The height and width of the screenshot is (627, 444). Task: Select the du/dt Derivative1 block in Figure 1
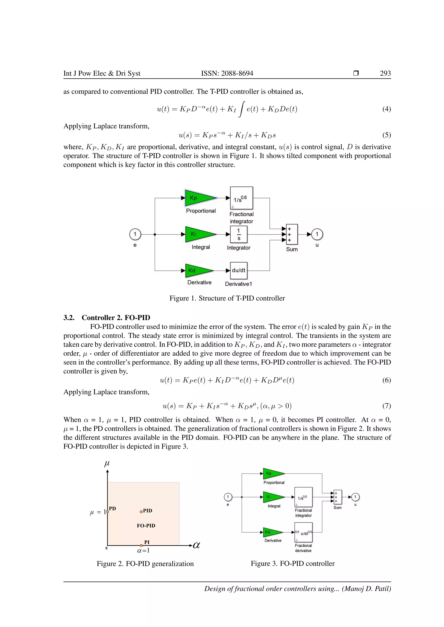click(239, 271)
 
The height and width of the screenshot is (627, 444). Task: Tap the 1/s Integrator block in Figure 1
click(239, 234)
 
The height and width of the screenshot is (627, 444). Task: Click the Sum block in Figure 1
click(292, 234)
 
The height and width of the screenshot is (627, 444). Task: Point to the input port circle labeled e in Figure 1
click(135, 234)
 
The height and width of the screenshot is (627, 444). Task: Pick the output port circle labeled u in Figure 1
click(317, 234)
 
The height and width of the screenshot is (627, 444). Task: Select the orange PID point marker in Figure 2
click(141, 511)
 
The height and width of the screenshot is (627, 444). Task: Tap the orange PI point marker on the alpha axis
click(141, 545)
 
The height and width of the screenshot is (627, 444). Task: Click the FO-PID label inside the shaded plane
click(146, 526)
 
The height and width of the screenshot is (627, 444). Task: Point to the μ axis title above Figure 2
click(107, 463)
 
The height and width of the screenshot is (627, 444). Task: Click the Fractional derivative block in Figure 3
click(303, 532)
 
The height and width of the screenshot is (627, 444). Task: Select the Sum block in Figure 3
click(338, 497)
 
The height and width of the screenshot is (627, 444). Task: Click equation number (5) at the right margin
click(386, 135)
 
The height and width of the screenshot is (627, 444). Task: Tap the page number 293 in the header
click(385, 73)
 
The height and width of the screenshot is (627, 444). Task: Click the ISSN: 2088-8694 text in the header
click(227, 73)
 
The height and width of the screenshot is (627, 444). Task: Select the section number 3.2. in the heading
click(69, 318)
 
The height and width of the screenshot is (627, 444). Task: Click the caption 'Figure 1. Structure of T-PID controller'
click(227, 298)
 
